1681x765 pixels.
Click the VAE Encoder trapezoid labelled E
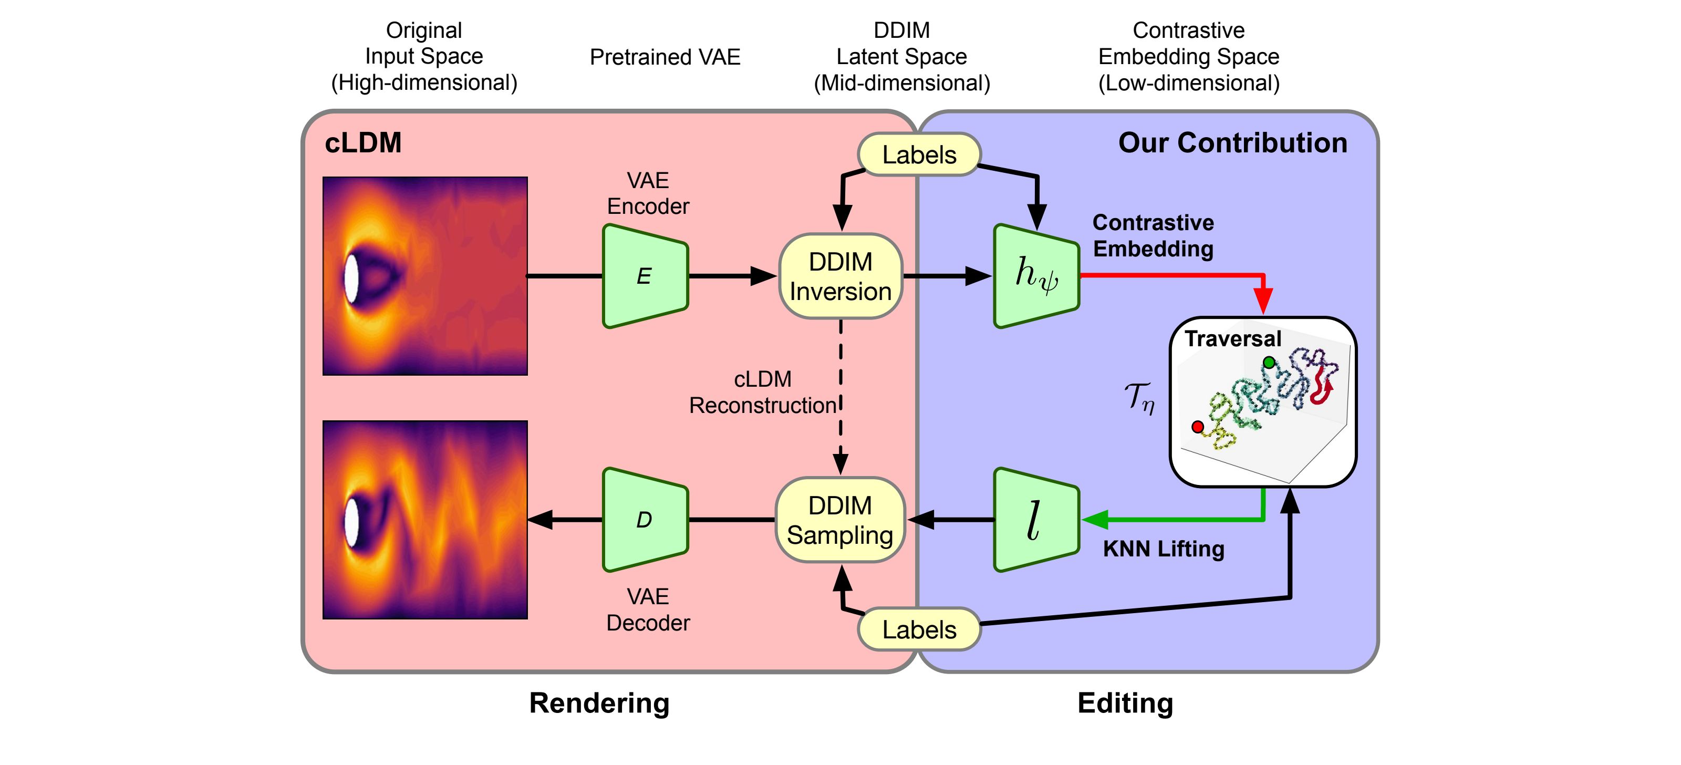[x=645, y=276]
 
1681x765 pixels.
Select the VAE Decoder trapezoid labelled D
[x=645, y=520]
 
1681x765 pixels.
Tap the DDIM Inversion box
[x=840, y=276]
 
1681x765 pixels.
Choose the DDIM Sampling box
[x=840, y=520]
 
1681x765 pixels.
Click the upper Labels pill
[x=919, y=154]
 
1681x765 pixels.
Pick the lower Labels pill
[x=919, y=629]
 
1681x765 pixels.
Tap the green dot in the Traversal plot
[x=1269, y=362]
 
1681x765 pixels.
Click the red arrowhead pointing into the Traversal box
[x=1263, y=302]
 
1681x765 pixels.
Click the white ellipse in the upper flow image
[x=351, y=277]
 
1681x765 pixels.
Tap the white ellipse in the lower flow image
[x=351, y=522]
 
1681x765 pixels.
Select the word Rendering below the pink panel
[x=599, y=703]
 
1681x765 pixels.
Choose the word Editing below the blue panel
[x=1125, y=703]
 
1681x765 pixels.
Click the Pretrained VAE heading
[x=665, y=57]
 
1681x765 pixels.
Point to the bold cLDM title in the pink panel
[x=363, y=143]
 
